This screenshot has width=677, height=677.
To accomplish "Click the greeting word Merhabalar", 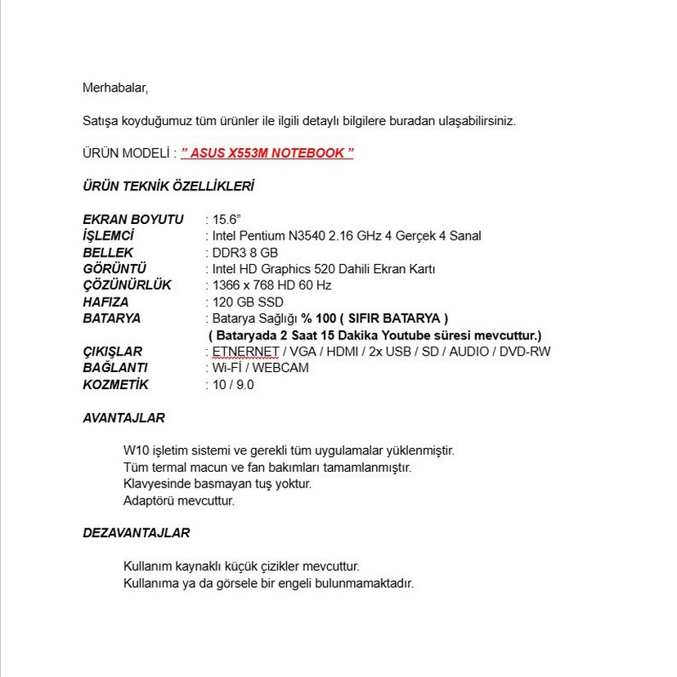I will (x=114, y=87).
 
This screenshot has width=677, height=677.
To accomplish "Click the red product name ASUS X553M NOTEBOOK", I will (x=267, y=154).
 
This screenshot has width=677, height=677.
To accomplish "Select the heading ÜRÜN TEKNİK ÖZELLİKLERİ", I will (x=168, y=186).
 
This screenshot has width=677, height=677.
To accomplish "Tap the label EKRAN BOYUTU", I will (x=133, y=219).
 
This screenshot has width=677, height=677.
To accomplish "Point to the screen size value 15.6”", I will (x=226, y=219).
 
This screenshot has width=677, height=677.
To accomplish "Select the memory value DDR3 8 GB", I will (x=244, y=253).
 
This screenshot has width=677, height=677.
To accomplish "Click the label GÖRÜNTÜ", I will (x=114, y=269).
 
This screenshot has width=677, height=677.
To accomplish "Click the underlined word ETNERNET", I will (x=244, y=352).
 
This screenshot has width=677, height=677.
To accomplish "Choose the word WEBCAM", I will (x=282, y=368).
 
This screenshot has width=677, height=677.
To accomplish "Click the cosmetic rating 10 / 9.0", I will (x=233, y=384).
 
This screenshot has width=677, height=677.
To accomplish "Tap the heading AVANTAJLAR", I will (x=123, y=418).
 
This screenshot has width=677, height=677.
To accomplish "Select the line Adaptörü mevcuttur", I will (x=178, y=500).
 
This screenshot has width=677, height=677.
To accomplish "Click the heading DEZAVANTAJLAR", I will (x=136, y=533).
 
